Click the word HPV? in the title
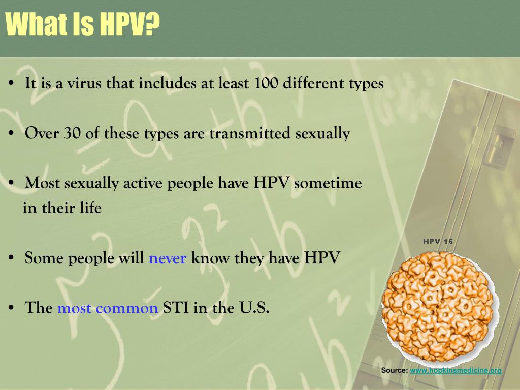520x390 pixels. click(130, 24)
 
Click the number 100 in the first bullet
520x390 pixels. click(266, 83)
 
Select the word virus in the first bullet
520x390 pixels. click(84, 83)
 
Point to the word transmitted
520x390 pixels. click(250, 133)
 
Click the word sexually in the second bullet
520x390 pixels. click(322, 134)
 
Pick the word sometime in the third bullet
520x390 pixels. click(328, 183)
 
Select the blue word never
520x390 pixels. click(168, 258)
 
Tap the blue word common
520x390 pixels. click(126, 308)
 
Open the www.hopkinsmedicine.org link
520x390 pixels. click(456, 370)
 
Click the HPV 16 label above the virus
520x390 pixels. click(438, 241)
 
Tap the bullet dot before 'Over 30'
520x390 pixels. click(11, 134)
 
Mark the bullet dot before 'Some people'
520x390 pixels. click(11, 258)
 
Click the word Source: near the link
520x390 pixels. click(394, 370)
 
